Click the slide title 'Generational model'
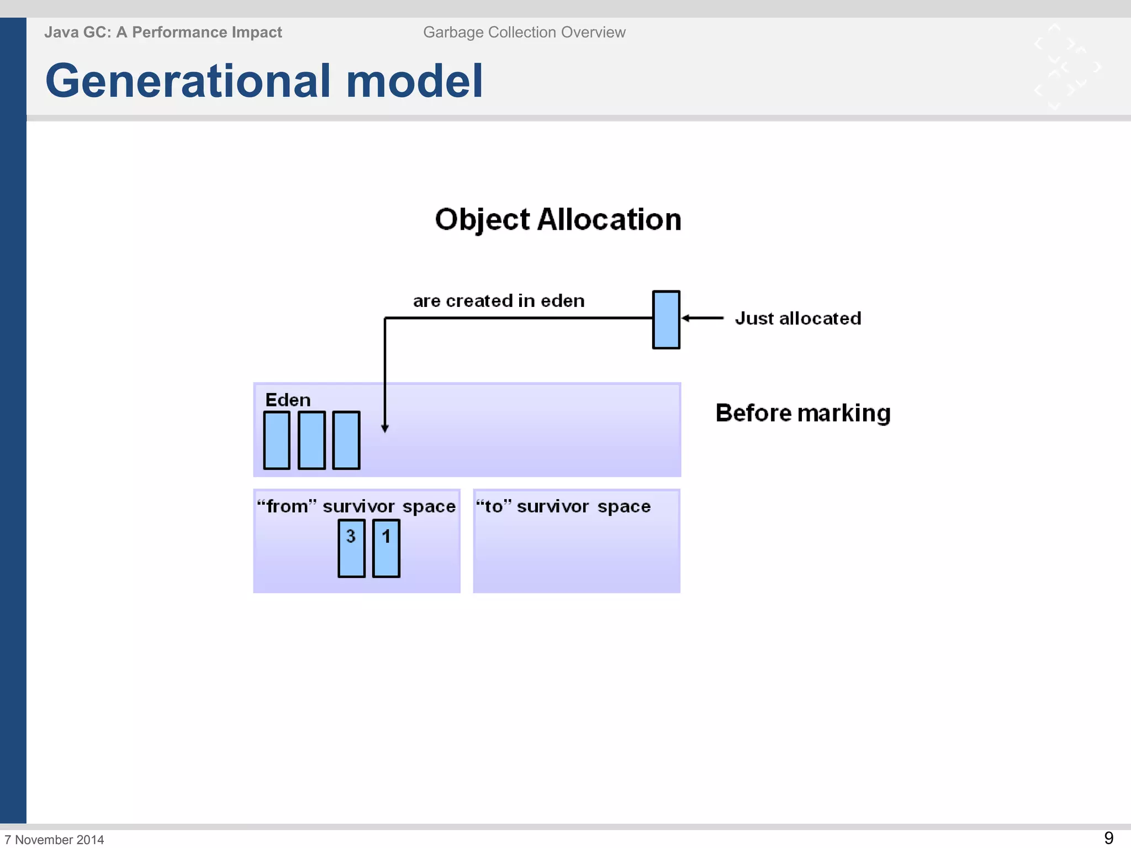pyautogui.click(x=264, y=81)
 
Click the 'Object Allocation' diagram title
pyautogui.click(x=558, y=219)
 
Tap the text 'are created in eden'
pyautogui.click(x=499, y=301)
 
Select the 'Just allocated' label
pyautogui.click(x=797, y=319)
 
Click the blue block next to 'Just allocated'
pyautogui.click(x=666, y=320)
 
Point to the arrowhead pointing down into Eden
pyautogui.click(x=385, y=428)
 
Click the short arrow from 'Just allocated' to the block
pyautogui.click(x=702, y=318)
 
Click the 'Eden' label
pyautogui.click(x=288, y=400)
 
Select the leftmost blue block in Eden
pyautogui.click(x=277, y=441)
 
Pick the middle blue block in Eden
pyautogui.click(x=311, y=441)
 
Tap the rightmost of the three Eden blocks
pyautogui.click(x=346, y=441)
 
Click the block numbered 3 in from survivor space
pyautogui.click(x=351, y=548)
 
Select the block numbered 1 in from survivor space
pyautogui.click(x=386, y=548)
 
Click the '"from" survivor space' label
pyautogui.click(x=356, y=506)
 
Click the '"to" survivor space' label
pyautogui.click(x=563, y=506)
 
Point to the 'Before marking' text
pyautogui.click(x=803, y=413)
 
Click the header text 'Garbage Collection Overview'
pyautogui.click(x=524, y=33)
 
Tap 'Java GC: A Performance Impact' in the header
pyautogui.click(x=163, y=33)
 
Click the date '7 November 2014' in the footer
pyautogui.click(x=54, y=840)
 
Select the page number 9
pyautogui.click(x=1108, y=838)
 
